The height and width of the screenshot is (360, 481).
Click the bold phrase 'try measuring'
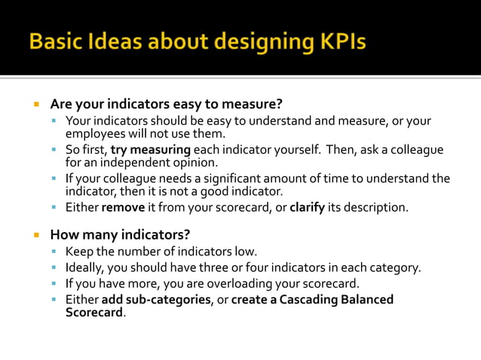point(151,149)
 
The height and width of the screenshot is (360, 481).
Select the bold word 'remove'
point(124,206)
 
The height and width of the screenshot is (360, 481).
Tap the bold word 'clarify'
point(307,206)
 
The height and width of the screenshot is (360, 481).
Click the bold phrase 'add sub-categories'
point(155,299)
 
